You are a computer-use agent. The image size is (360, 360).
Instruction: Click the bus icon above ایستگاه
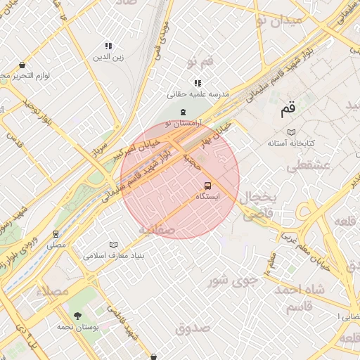[x=207, y=186]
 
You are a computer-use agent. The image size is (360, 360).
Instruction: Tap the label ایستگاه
[x=207, y=198]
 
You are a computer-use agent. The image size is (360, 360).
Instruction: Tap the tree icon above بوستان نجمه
[x=77, y=316]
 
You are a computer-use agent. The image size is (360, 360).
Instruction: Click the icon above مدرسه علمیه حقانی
[x=198, y=83]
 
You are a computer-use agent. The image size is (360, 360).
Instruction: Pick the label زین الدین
[x=108, y=58]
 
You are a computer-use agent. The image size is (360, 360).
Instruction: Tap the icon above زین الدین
[x=108, y=46]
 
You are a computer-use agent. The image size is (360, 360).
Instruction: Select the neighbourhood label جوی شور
[x=229, y=282]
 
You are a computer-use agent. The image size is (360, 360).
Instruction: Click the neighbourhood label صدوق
[x=193, y=328]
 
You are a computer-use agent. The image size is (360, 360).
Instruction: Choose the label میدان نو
[x=280, y=20]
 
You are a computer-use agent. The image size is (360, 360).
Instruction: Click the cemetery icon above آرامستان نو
[x=183, y=112]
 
